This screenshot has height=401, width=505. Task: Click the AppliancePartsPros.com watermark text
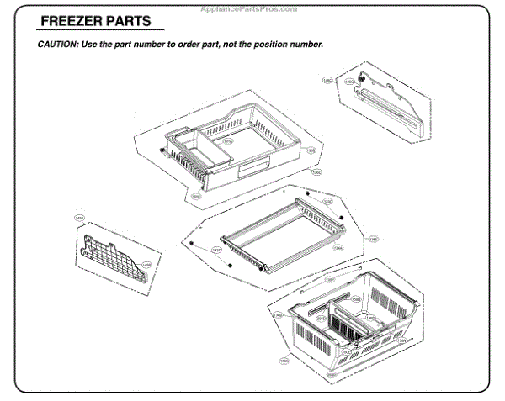click(252, 8)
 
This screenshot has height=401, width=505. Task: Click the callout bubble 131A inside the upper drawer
click(227, 141)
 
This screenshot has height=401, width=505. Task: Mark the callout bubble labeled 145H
click(145, 265)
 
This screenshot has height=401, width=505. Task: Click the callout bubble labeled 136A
click(338, 248)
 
